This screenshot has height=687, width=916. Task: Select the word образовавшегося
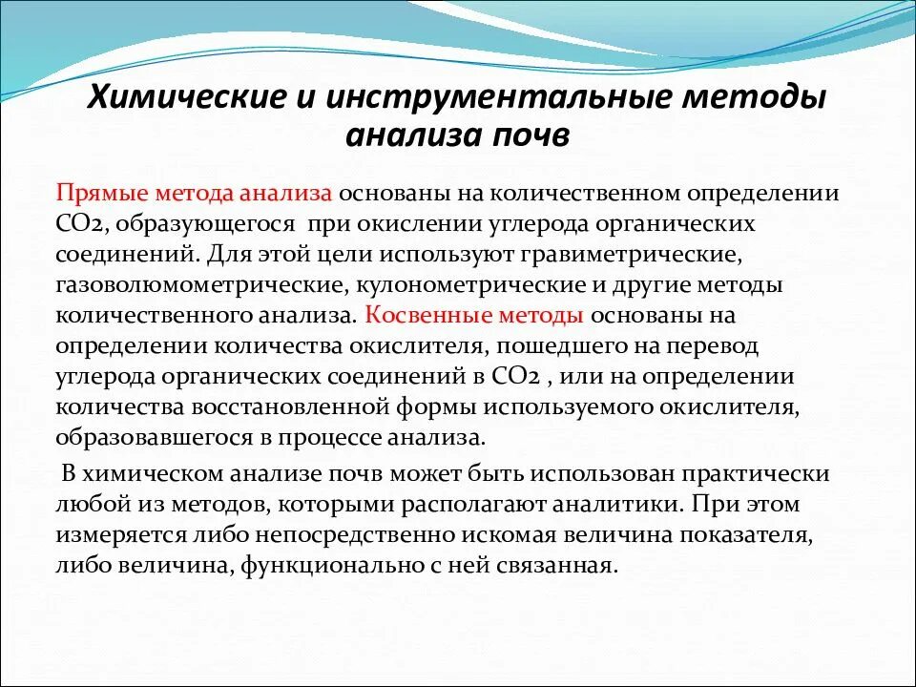152,438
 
